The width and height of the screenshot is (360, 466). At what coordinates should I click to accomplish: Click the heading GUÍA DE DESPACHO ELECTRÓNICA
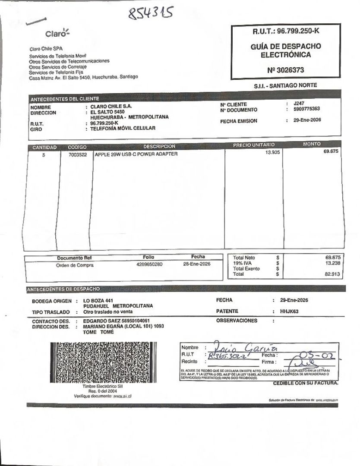tap(286, 50)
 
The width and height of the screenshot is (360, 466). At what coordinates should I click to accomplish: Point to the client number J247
tap(299, 104)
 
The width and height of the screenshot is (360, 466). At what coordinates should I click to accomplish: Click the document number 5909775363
tap(306, 110)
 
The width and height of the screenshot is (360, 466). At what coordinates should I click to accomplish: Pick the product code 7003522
tap(77, 154)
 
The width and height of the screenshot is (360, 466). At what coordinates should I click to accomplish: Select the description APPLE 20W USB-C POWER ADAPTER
tap(136, 154)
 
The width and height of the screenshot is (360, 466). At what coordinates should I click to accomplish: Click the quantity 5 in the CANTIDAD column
tap(44, 154)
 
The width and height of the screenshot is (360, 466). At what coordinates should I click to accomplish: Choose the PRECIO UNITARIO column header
tap(253, 145)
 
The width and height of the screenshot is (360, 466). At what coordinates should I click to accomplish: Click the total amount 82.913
tap(332, 274)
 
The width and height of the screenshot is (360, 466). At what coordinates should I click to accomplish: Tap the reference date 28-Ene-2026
tap(196, 264)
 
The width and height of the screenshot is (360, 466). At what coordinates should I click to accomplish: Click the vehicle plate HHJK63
tap(289, 311)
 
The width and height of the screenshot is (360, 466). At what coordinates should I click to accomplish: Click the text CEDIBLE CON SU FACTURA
tap(306, 383)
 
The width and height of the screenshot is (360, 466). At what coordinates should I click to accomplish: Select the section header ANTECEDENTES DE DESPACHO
tap(63, 289)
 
